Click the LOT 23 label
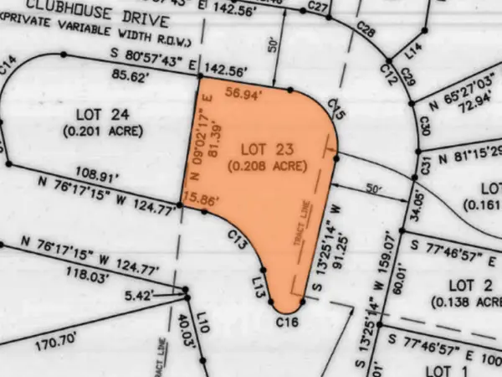point(264,148)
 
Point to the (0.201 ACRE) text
point(103,131)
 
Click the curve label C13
point(237,240)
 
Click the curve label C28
point(366,31)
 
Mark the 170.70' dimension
point(56,339)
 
